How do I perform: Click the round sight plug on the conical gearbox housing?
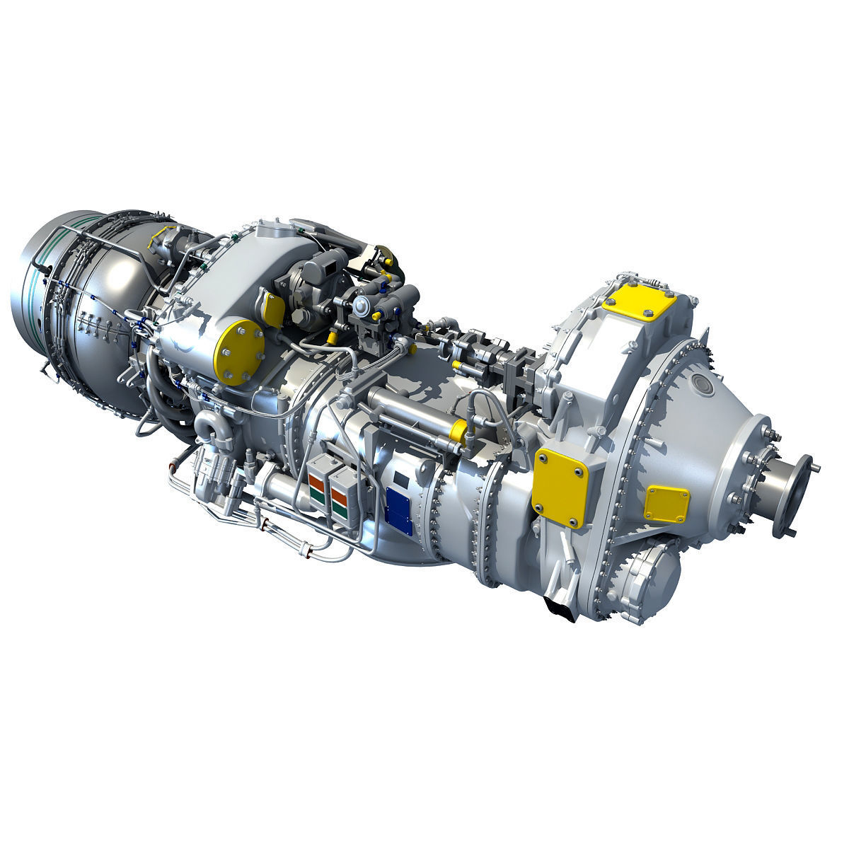(703, 383)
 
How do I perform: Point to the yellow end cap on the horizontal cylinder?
(458, 431)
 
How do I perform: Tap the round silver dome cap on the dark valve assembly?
(362, 305)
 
